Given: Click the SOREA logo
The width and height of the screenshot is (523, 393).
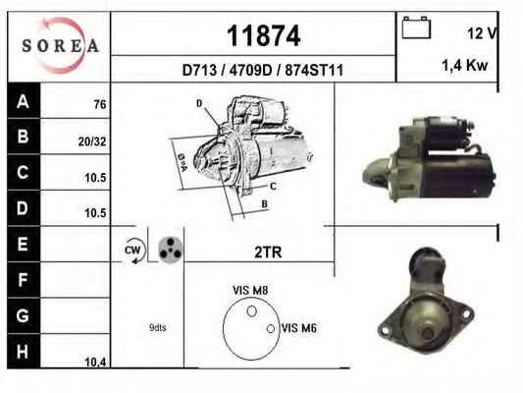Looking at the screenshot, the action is coord(60,45).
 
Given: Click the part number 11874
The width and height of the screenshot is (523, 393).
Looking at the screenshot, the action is coord(264,36).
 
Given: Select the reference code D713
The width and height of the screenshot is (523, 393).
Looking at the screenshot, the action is coord(199,71).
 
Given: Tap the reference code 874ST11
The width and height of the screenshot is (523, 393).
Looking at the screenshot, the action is coord(314,71).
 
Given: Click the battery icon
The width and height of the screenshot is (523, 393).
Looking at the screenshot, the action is coord(416,28).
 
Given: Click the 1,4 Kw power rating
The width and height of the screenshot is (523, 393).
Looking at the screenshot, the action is coord(465,65).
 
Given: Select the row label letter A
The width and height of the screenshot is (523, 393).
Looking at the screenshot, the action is coord(23,101).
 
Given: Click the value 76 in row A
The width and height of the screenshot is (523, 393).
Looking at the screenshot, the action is coord(100,104).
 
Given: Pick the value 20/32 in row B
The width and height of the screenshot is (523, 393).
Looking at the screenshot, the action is coord(92,141).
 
